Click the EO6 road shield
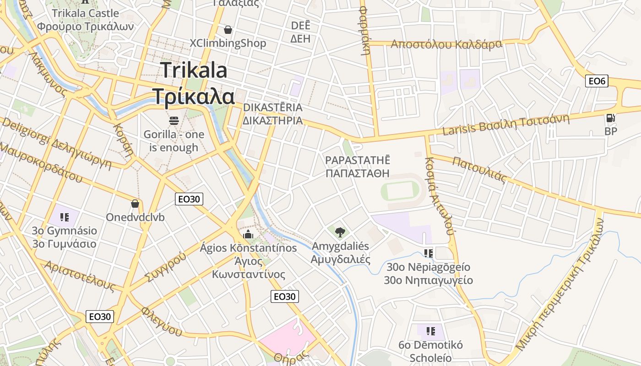[x=597, y=81]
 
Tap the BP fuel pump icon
[x=610, y=118]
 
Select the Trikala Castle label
[x=85, y=13]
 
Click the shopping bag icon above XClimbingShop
[x=228, y=30]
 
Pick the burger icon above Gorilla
[x=174, y=121]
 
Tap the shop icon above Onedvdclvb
[x=135, y=203]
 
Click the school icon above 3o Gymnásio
[x=65, y=217]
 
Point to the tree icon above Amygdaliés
[x=340, y=232]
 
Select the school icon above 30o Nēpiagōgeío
[x=429, y=253]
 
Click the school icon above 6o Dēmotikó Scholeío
[x=430, y=331]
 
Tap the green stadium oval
[x=400, y=191]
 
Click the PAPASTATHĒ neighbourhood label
[x=357, y=160]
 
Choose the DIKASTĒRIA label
[x=272, y=108]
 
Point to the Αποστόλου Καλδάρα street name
[x=446, y=44]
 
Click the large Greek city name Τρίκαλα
[x=193, y=97]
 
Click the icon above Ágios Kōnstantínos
[x=249, y=235]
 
